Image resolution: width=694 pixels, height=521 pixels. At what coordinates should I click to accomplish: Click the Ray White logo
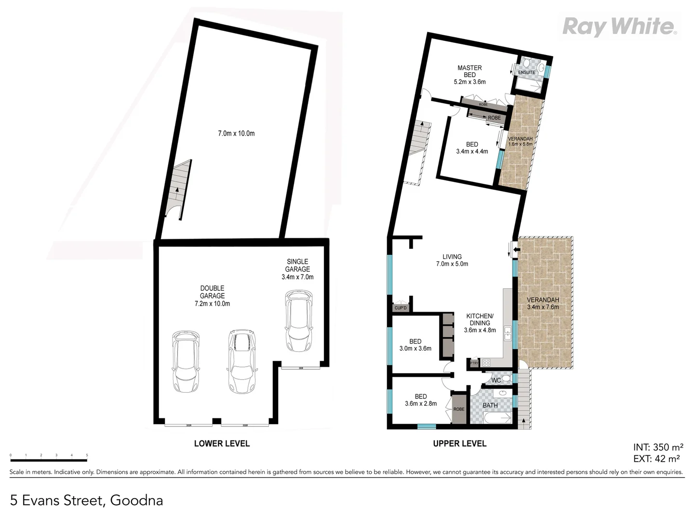point(619,26)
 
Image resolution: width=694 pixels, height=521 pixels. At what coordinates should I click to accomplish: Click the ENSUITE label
point(526,72)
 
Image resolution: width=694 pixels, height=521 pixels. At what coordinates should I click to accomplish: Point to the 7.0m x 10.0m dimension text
point(236,133)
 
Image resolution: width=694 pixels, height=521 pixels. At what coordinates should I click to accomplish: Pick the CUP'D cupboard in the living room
point(400,308)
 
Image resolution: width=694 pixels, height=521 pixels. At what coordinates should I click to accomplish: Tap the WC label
point(496,380)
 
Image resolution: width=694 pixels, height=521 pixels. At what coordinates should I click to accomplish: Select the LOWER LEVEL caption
point(222,443)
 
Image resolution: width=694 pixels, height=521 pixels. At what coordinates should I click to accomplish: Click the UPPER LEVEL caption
point(459,443)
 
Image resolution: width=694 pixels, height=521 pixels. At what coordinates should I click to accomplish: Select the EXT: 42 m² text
point(656,459)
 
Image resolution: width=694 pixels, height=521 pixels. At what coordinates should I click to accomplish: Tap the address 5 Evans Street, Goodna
point(86,500)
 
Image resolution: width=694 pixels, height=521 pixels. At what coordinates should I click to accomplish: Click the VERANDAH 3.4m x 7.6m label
point(543,303)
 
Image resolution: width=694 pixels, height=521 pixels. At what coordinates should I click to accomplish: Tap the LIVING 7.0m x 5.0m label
point(452,260)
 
